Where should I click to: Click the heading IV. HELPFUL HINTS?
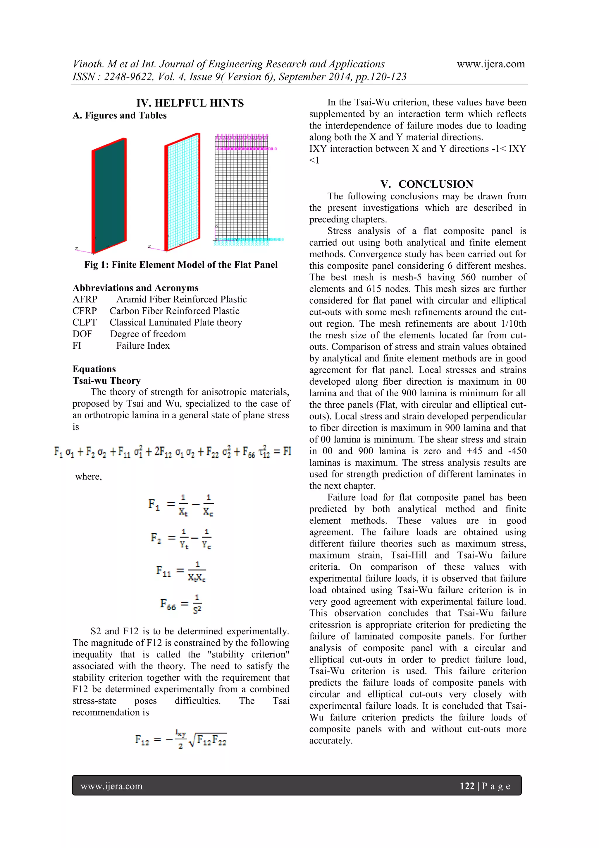[190, 103]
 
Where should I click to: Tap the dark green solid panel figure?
[109, 196]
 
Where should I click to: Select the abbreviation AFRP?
[85, 299]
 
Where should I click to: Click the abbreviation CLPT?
[85, 323]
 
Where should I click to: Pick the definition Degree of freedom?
[148, 334]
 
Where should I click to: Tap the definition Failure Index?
[143, 346]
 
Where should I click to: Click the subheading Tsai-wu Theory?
[107, 381]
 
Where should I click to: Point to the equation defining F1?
[181, 505]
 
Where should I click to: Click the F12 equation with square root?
[181, 740]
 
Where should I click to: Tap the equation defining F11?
[181, 571]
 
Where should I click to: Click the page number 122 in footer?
[467, 786]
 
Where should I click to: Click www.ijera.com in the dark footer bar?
[111, 786]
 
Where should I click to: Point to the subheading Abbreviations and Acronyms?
[135, 288]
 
